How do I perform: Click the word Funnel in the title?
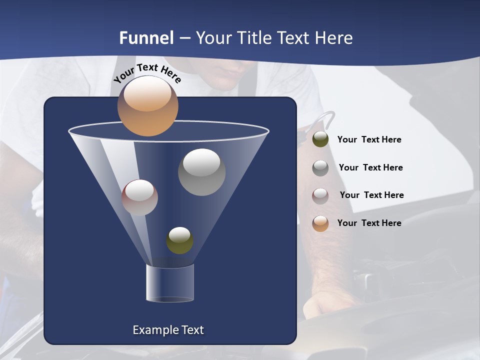pyautogui.click(x=146, y=38)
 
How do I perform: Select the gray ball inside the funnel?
pyautogui.click(x=201, y=172)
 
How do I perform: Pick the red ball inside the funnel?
pyautogui.click(x=139, y=197)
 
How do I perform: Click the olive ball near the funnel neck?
pyautogui.click(x=179, y=240)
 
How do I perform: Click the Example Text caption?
pyautogui.click(x=168, y=330)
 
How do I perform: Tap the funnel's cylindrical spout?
pyautogui.click(x=169, y=283)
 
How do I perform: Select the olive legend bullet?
pyautogui.click(x=320, y=139)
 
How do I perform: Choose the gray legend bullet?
pyautogui.click(x=320, y=168)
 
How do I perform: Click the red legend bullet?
pyautogui.click(x=320, y=195)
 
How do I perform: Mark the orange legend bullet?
pyautogui.click(x=320, y=223)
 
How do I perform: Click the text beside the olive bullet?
pyautogui.click(x=369, y=139)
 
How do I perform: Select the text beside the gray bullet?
pyautogui.click(x=370, y=167)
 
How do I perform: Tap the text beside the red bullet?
pyautogui.click(x=371, y=195)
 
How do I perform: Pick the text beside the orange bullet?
pyautogui.click(x=369, y=223)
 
